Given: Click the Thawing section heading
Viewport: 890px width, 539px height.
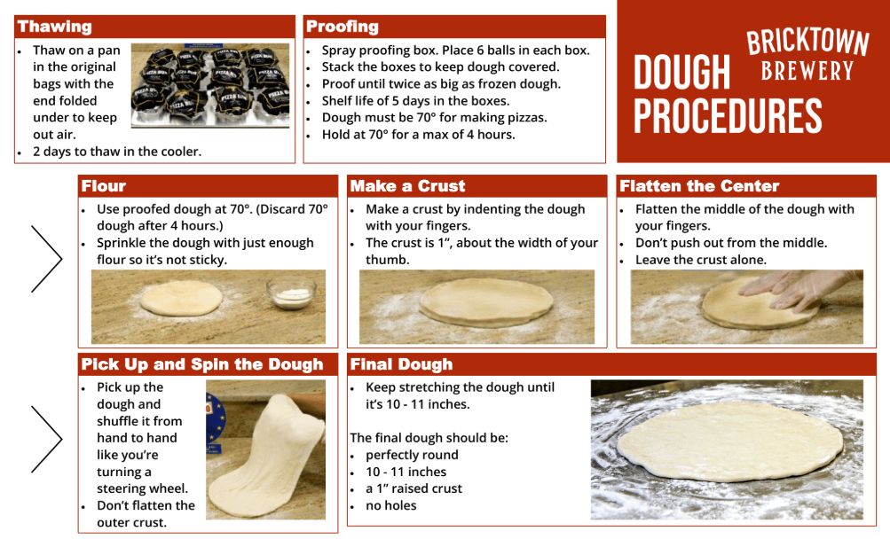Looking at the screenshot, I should click(55, 27).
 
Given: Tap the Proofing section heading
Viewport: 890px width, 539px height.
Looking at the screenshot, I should click(343, 27).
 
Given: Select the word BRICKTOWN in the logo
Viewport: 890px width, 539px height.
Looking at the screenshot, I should click(807, 43).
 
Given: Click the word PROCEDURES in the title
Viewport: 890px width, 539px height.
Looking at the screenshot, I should click(728, 116).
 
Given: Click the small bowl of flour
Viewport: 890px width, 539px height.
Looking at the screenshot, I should click(292, 293).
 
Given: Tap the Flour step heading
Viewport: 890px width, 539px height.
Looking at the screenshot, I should click(104, 186).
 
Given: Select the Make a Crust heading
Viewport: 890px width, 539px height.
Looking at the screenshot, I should click(407, 186).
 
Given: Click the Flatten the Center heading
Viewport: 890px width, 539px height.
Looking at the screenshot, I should click(699, 186).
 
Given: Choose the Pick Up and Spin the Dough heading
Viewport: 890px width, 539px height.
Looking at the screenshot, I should click(202, 364).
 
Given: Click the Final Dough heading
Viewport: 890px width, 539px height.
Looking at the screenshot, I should click(401, 364).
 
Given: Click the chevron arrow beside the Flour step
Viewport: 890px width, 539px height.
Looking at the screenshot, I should click(46, 258).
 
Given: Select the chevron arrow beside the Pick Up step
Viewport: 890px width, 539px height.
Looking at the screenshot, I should click(46, 439).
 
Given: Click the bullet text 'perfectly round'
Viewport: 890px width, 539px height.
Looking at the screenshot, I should click(412, 455).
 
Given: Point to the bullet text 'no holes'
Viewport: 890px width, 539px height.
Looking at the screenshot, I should click(390, 505).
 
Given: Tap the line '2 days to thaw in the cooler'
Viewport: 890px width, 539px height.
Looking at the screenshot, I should click(116, 151).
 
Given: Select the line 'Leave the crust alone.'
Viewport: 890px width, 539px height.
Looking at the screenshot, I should click(700, 260).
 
